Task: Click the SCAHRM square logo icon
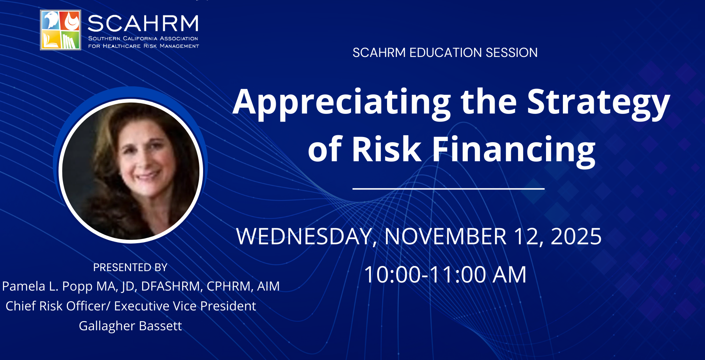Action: [61, 30]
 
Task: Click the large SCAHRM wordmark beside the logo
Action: [143, 24]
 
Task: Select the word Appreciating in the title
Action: [342, 103]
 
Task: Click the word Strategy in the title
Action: [599, 103]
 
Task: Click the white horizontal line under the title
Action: [448, 189]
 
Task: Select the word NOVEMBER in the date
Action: [445, 236]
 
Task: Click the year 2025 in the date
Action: [576, 236]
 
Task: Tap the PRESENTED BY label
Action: [130, 267]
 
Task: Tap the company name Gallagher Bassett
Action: [130, 326]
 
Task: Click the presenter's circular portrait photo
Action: [131, 171]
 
